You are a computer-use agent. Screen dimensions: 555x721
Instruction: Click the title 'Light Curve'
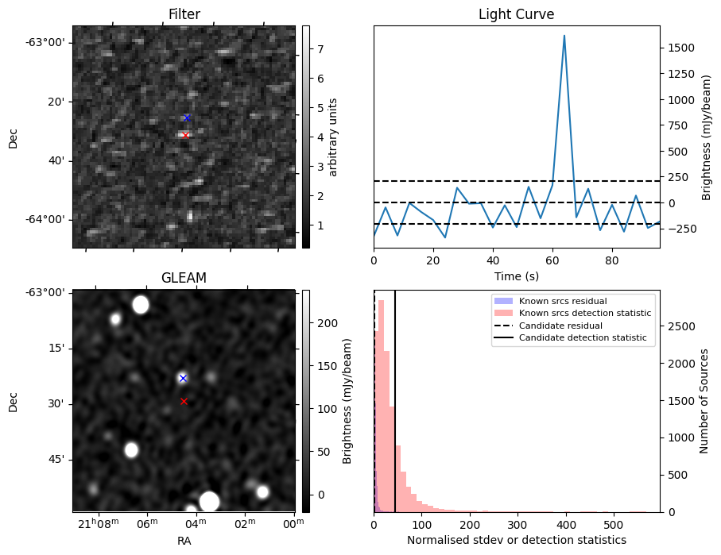pyautogui.click(x=516, y=14)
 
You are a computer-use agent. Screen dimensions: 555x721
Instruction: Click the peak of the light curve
pyautogui.click(x=564, y=36)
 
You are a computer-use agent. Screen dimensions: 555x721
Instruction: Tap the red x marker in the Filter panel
pyautogui.click(x=185, y=135)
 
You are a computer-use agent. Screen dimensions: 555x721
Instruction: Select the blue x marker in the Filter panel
pyautogui.click(x=187, y=118)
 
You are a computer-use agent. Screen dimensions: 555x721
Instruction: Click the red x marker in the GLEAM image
pyautogui.click(x=184, y=401)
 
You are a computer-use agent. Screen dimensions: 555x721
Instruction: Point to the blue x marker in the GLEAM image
pyautogui.click(x=183, y=378)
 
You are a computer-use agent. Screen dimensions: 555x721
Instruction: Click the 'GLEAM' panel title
pyautogui.click(x=184, y=278)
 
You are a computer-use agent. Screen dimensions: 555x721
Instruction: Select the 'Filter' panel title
pyautogui.click(x=184, y=14)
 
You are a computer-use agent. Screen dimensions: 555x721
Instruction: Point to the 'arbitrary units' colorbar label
pyautogui.click(x=333, y=137)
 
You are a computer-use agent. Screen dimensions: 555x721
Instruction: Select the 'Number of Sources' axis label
pyautogui.click(x=704, y=401)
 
